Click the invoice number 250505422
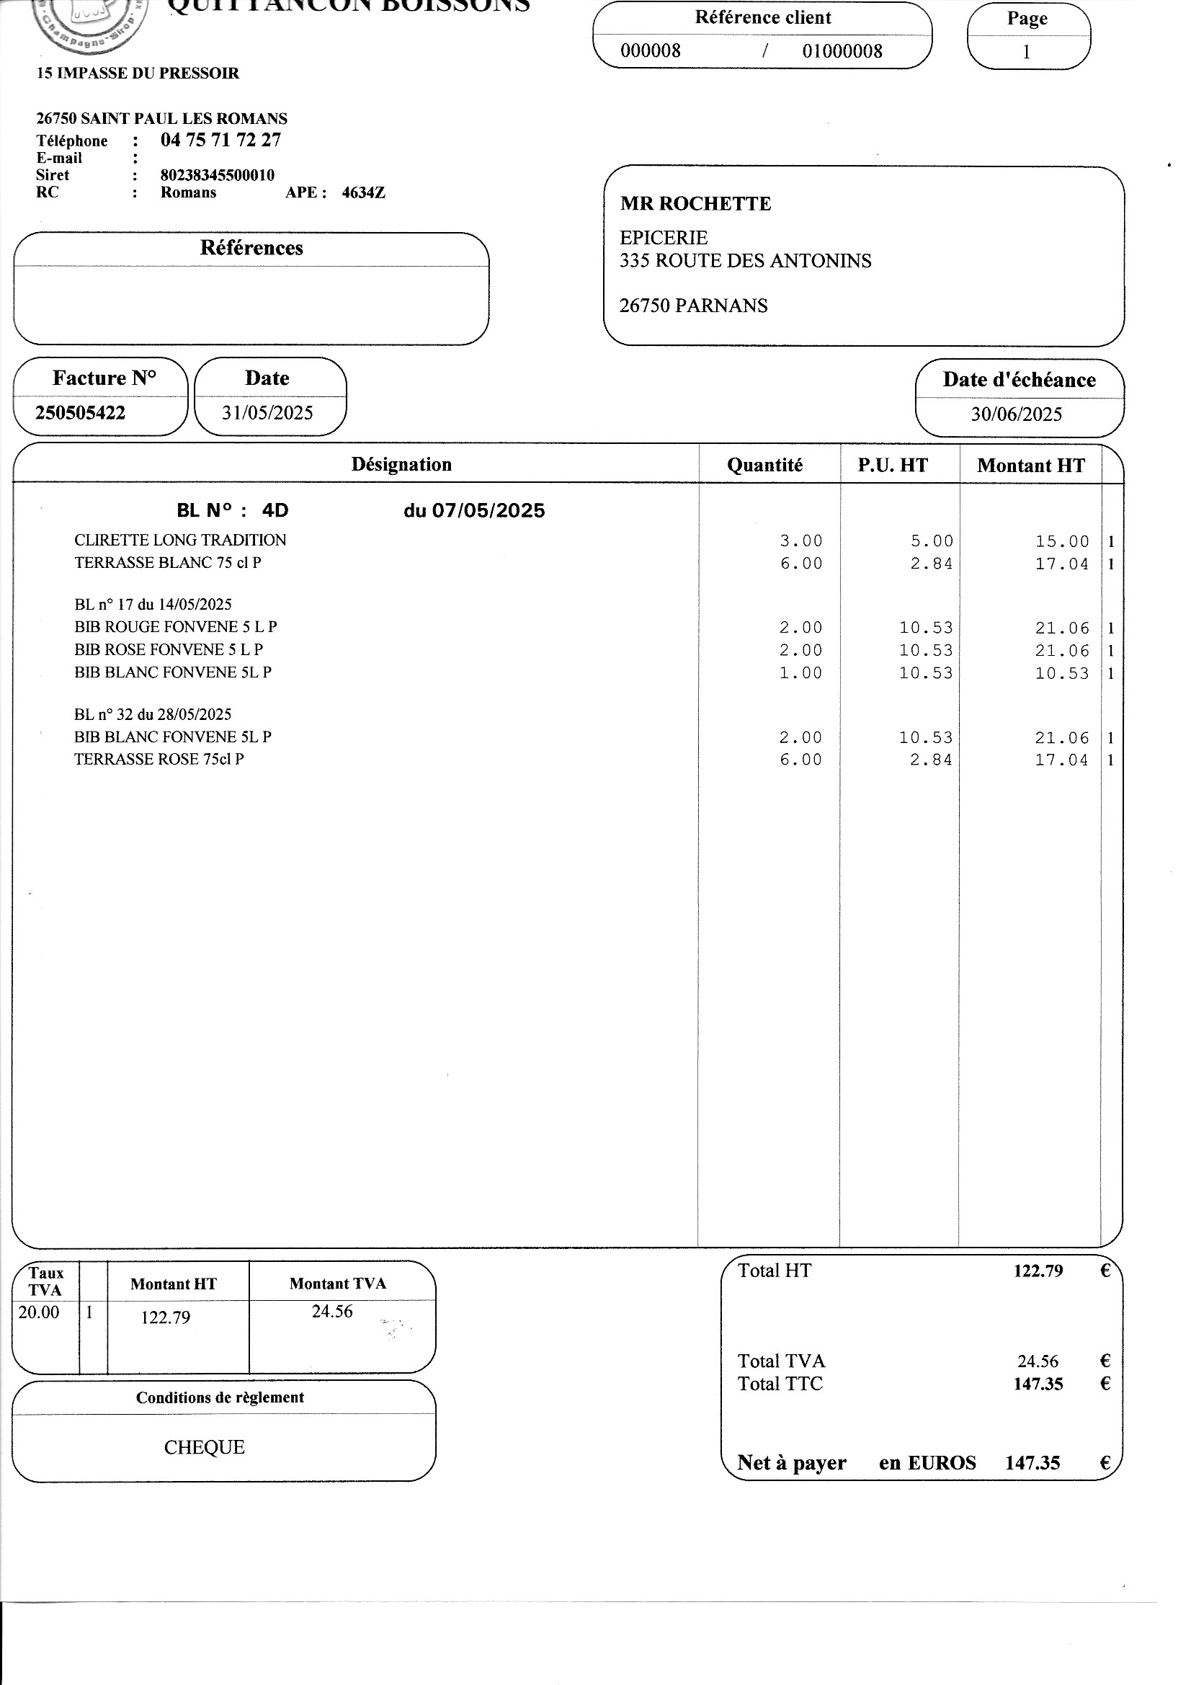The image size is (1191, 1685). [x=80, y=412]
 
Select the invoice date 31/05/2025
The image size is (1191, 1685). [x=267, y=412]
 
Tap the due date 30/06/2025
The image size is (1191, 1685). [x=1017, y=414]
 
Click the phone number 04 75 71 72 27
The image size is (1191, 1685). [x=220, y=140]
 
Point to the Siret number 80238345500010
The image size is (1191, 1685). [x=217, y=175]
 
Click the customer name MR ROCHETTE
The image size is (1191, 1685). [x=695, y=204]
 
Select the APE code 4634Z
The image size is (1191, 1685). [x=363, y=193]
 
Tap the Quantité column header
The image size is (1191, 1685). [x=764, y=466]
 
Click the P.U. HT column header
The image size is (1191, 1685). [x=892, y=466]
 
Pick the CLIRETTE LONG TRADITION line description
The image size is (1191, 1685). [x=180, y=540]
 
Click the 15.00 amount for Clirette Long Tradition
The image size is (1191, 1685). [x=1062, y=542]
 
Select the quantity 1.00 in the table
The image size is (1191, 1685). [x=800, y=673]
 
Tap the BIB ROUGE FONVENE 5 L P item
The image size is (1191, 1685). [x=175, y=627]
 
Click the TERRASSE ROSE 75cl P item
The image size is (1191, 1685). [x=159, y=759]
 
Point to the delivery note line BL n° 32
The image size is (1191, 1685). [x=153, y=714]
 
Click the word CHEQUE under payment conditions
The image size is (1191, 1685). [x=204, y=1447]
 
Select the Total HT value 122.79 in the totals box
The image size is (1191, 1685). [x=1038, y=1271]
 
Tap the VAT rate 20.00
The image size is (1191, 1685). [x=39, y=1312]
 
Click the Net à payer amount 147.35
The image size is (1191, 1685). [x=1032, y=1462]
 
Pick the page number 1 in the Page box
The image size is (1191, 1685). [x=1026, y=51]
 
